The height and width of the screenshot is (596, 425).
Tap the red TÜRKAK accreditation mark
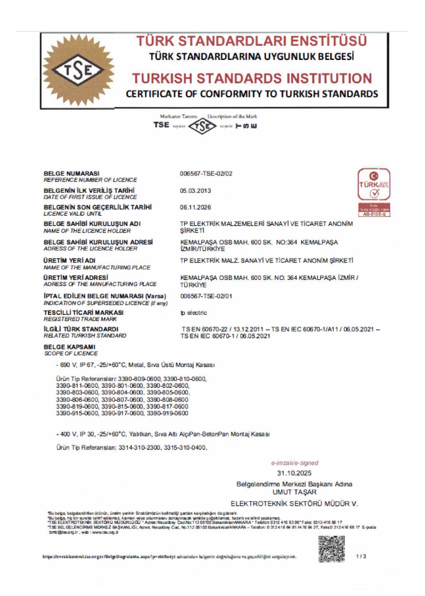pyautogui.click(x=374, y=192)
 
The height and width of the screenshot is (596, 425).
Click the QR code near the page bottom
pyautogui.click(x=332, y=549)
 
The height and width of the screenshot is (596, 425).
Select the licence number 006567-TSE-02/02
pyautogui.click(x=206, y=173)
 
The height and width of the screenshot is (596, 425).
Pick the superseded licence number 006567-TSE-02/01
pyautogui.click(x=206, y=296)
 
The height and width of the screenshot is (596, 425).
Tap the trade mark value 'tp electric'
pyautogui.click(x=194, y=313)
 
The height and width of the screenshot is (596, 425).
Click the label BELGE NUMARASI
pyautogui.click(x=72, y=173)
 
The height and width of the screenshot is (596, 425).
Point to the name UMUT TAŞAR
pyautogui.click(x=294, y=492)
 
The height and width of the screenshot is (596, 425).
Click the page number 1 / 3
pyautogui.click(x=361, y=556)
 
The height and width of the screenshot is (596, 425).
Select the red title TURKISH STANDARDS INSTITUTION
pyautogui.click(x=252, y=78)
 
